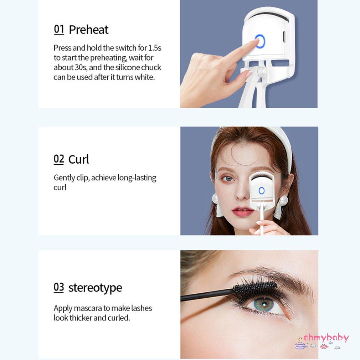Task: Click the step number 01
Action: click(59, 29)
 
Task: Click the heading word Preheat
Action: click(88, 30)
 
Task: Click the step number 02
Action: click(59, 159)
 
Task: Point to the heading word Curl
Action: click(78, 159)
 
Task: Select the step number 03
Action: click(59, 287)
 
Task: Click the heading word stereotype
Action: click(95, 288)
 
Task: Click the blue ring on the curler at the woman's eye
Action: click(261, 191)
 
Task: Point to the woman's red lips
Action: click(243, 212)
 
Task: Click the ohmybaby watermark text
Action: click(326, 338)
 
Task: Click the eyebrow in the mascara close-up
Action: click(271, 274)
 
